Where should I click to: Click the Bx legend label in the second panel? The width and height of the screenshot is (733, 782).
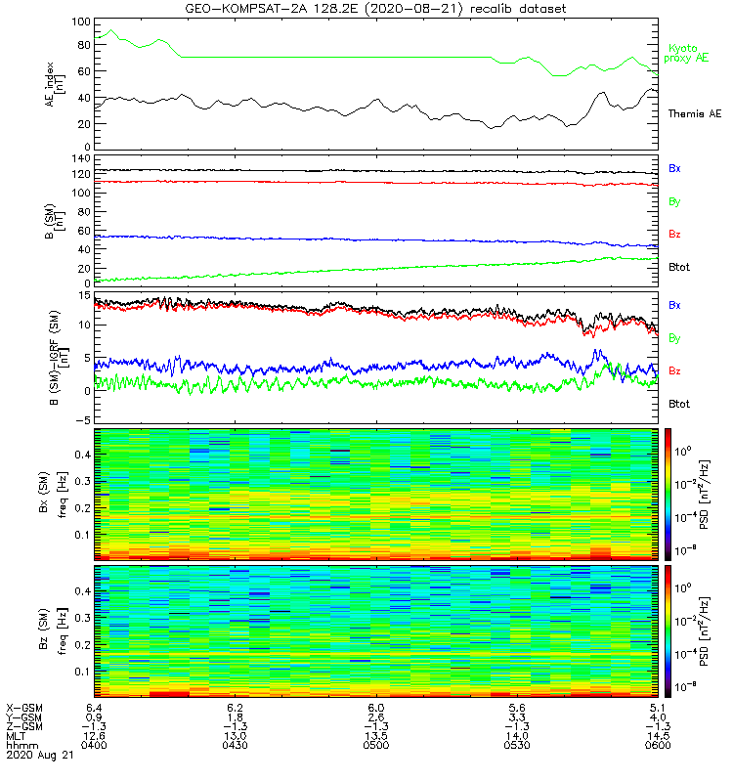pyautogui.click(x=674, y=169)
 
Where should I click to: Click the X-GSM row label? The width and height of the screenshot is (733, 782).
pyautogui.click(x=23, y=706)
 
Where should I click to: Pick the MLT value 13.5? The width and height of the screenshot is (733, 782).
pyautogui.click(x=375, y=735)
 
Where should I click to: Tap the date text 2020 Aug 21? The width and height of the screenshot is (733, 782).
pyautogui.click(x=39, y=756)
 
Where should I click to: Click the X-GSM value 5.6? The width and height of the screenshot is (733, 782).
pyautogui.click(x=517, y=706)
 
